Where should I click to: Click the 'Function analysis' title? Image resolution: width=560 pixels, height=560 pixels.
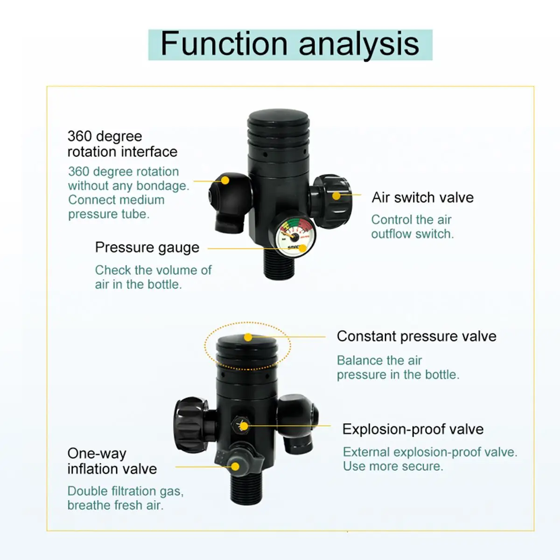coord(290,44)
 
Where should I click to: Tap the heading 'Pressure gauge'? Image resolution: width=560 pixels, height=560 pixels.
coord(147,247)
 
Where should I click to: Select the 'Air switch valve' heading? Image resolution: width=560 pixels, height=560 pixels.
coord(422,197)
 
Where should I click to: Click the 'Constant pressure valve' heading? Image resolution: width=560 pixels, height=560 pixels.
coord(416,336)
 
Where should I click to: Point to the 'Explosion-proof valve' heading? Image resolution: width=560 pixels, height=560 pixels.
coord(413,429)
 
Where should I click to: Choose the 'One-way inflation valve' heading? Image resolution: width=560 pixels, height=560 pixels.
coord(112,461)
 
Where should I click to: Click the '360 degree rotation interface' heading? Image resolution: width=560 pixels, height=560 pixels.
coord(122,144)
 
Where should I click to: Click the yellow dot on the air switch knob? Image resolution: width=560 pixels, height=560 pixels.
coord(336,196)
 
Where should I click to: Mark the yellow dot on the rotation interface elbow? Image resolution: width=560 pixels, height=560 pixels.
coord(225,181)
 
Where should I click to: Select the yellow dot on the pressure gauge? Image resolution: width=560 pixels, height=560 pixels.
coord(302,248)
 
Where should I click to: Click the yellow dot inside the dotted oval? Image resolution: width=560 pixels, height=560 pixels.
coord(248,337)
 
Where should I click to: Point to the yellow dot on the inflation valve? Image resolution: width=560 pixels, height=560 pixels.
coord(236,466)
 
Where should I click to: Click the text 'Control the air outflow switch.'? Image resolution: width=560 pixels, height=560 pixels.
coord(412,227)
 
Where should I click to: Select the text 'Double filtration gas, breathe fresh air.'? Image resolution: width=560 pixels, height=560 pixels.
coord(125,498)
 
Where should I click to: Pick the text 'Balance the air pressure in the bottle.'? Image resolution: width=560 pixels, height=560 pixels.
coord(398,367)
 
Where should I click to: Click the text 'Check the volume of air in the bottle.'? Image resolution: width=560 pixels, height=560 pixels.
coord(153,277)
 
